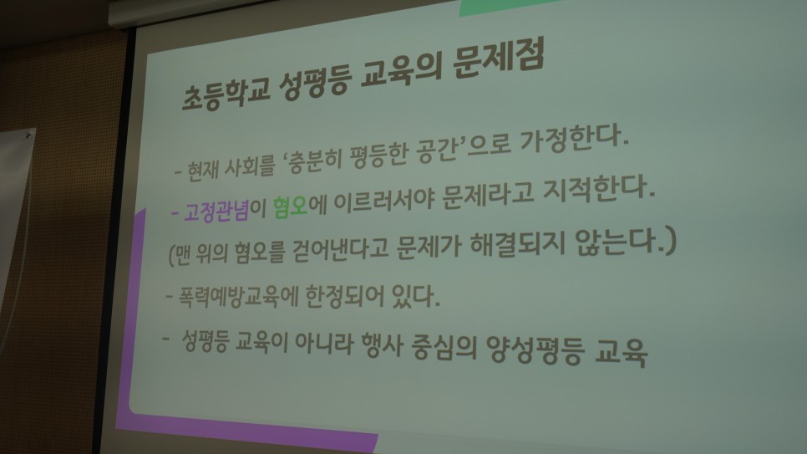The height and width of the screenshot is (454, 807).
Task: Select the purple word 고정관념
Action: click(x=216, y=210)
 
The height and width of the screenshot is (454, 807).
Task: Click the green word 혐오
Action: click(x=290, y=207)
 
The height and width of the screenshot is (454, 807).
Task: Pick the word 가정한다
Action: click(x=574, y=140)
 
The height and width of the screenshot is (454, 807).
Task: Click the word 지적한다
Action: click(x=598, y=188)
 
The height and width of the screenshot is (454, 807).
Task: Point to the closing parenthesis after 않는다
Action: click(x=670, y=240)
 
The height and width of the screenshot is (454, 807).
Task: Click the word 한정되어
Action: click(x=344, y=296)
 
